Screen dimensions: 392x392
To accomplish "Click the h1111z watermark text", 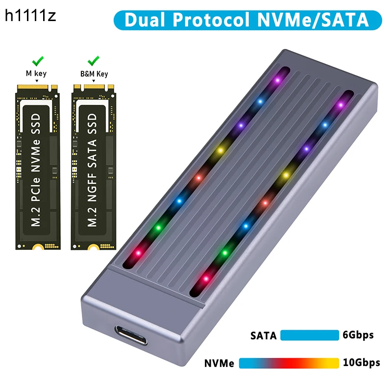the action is pyautogui.click(x=31, y=16).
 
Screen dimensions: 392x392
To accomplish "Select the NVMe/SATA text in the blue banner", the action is pyautogui.click(x=308, y=20).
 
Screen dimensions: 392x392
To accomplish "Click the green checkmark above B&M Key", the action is pyautogui.click(x=93, y=62).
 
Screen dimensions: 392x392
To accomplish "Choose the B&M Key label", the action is pyautogui.click(x=94, y=74).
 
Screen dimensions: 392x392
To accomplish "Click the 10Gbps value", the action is pyautogui.click(x=362, y=363).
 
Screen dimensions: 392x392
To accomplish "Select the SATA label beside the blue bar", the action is pyautogui.click(x=264, y=336).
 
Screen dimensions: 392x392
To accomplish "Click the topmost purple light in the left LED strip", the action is pyautogui.click(x=278, y=79).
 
